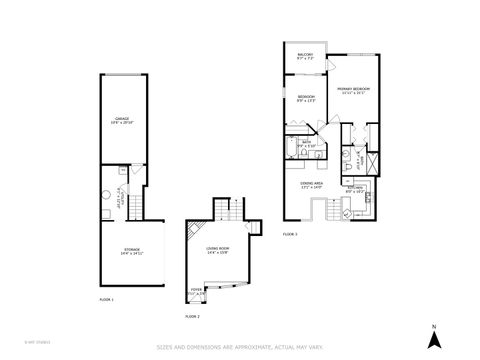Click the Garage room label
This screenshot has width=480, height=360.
point(122,121)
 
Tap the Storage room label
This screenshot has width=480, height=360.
point(132,249)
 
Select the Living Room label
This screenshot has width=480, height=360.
point(217,251)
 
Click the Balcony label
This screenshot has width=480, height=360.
point(305,57)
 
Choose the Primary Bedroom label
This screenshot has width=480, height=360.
point(353,90)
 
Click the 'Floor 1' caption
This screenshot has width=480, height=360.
point(106,298)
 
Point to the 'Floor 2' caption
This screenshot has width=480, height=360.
point(192,316)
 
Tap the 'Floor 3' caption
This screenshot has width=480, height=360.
point(290,232)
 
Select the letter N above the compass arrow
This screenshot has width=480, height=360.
point(434,327)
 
